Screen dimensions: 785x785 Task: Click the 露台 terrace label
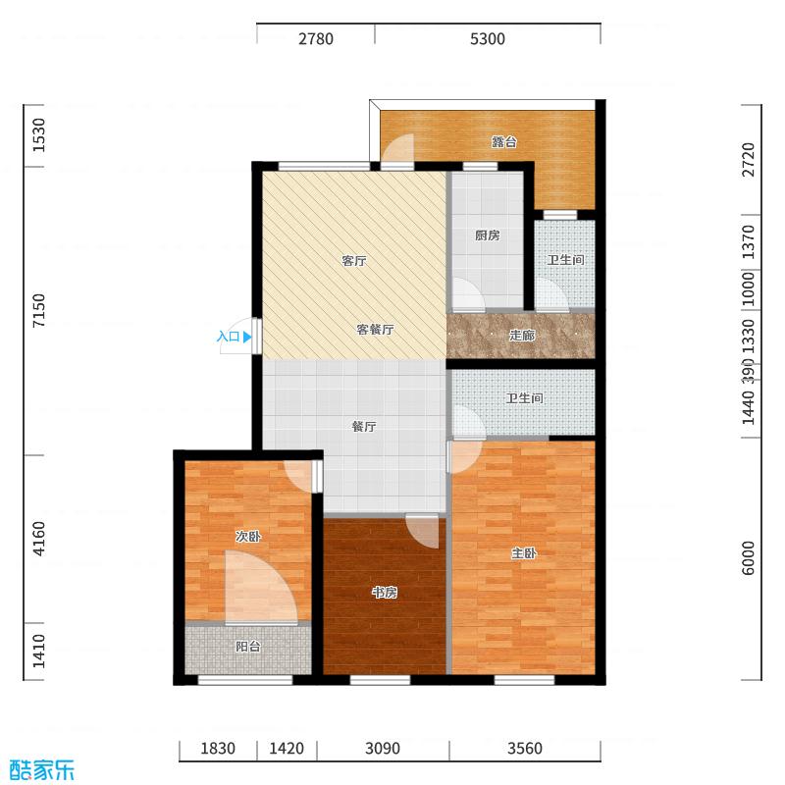[x=504, y=141]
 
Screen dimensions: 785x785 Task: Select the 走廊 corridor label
[x=522, y=335]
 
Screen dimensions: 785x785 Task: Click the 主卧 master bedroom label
[x=524, y=553]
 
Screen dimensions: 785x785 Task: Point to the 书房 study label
[x=384, y=593]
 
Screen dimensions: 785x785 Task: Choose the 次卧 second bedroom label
[x=247, y=537]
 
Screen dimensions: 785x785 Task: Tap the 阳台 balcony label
[x=248, y=647]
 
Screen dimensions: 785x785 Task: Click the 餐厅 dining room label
[x=364, y=427]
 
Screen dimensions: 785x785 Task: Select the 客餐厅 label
[x=374, y=330]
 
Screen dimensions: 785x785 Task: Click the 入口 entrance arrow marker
[x=247, y=337]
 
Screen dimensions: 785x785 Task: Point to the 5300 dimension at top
[x=488, y=39]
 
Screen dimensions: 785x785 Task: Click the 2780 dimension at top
[x=316, y=39]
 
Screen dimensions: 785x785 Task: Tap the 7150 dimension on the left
[x=39, y=311]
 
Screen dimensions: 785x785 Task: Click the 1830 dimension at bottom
[x=218, y=750]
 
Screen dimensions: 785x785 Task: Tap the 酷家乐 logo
[x=42, y=768]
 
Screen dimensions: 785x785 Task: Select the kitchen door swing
[x=465, y=294]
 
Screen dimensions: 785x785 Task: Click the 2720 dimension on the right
[x=748, y=159]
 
